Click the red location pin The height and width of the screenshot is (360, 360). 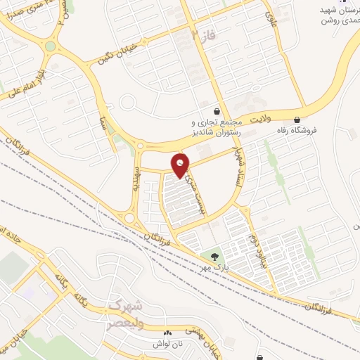click(x=181, y=164)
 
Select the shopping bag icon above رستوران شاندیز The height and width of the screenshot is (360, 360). click(x=219, y=111)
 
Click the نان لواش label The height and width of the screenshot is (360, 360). click(x=167, y=344)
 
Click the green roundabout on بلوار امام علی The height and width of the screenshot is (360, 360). click(x=50, y=46)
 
